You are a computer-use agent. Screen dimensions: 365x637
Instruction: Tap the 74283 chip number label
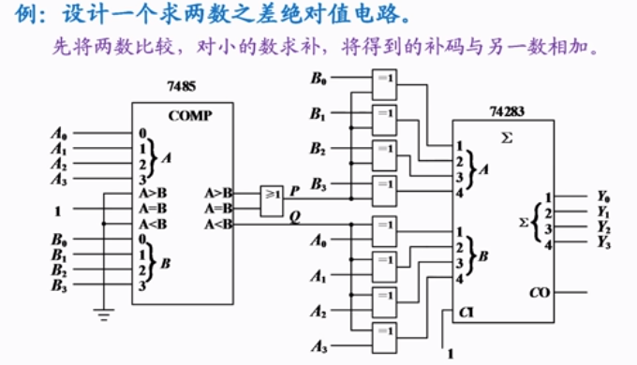[507, 111]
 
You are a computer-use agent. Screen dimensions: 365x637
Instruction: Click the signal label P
[294, 190]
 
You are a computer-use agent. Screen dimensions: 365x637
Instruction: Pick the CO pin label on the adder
[538, 292]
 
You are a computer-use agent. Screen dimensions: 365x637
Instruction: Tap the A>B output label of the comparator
[217, 193]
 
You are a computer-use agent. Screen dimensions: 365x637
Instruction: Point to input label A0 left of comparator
[58, 133]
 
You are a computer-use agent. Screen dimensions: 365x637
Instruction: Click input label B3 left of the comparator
[59, 285]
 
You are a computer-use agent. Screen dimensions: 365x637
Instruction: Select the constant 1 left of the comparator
[57, 210]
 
